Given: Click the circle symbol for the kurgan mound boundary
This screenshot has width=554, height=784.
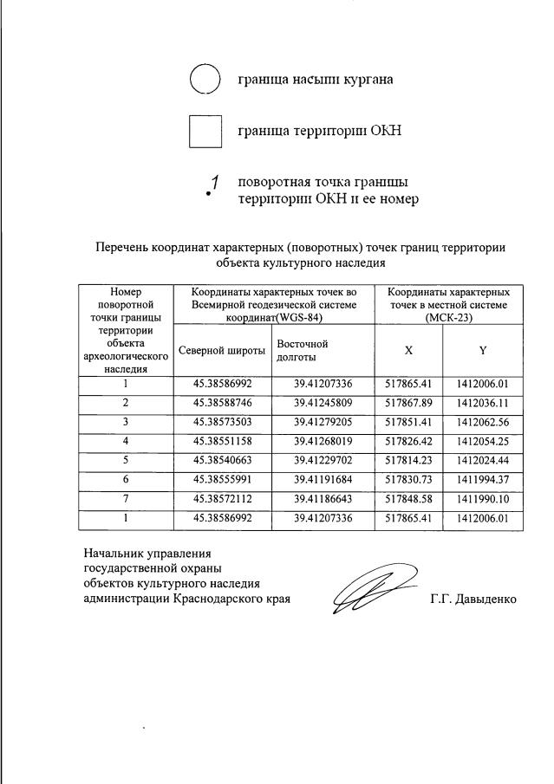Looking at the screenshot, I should pos(205,80).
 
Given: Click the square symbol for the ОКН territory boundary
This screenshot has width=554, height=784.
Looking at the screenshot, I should pos(205,132).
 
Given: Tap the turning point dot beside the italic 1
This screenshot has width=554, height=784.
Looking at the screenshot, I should pos(209,195).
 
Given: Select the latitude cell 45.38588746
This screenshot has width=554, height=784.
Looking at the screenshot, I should pos(223,403).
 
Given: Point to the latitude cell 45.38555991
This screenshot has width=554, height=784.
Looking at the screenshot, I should pos(223,480).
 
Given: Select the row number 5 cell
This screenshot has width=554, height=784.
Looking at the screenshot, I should pos(126,460).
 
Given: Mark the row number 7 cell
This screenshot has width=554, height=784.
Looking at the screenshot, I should pos(126,499).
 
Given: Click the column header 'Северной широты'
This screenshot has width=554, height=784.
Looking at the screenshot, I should pos(222,350).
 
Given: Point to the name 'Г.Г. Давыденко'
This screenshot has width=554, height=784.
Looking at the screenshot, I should pos(473,599).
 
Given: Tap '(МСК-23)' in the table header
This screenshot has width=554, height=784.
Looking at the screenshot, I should pos(448,317).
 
